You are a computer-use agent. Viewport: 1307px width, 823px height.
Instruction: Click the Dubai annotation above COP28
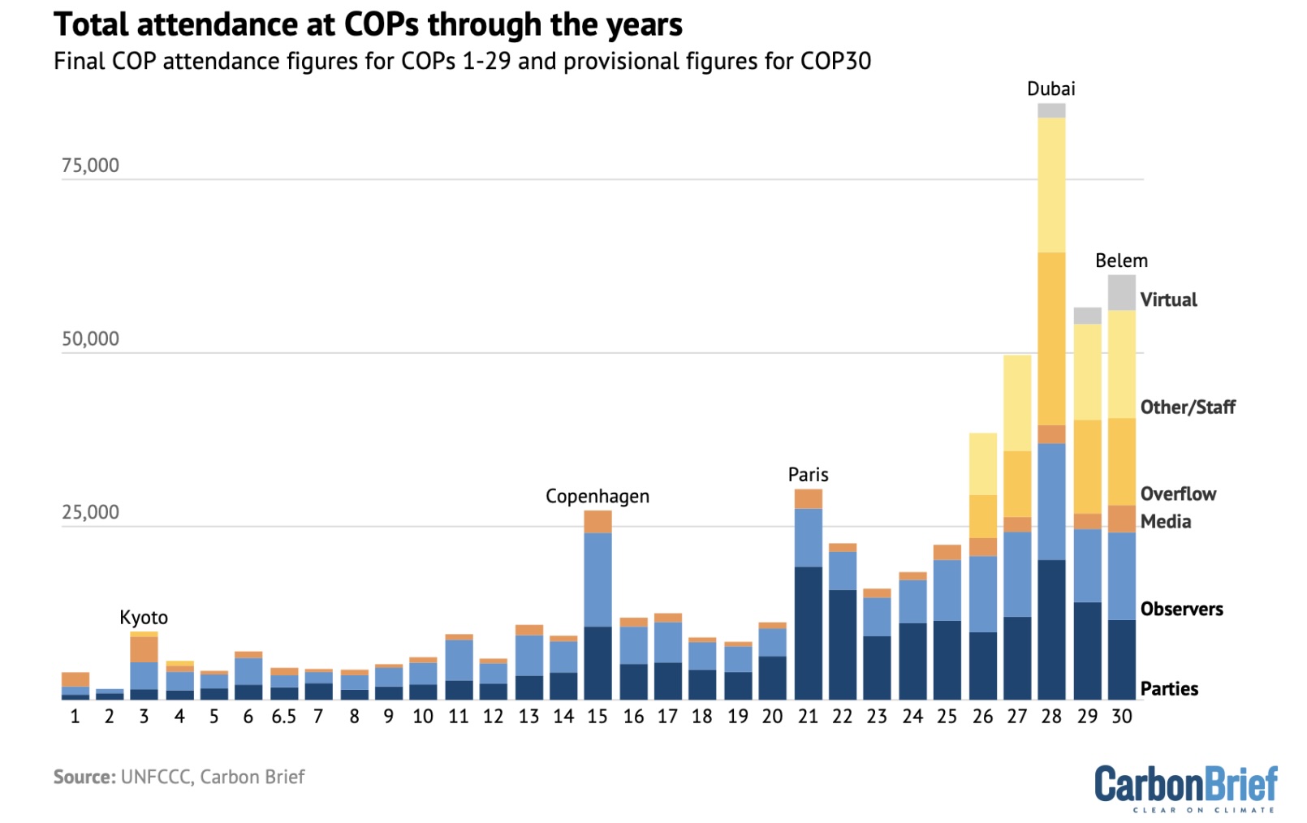pyautogui.click(x=1050, y=88)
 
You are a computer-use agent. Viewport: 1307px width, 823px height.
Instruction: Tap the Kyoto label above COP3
pyautogui.click(x=144, y=618)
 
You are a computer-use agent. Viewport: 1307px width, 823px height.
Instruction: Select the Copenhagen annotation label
pyautogui.click(x=597, y=496)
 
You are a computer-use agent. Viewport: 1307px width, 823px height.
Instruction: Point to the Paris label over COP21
pyautogui.click(x=808, y=475)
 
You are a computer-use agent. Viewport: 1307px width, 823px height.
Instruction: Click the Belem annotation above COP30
pyautogui.click(x=1121, y=261)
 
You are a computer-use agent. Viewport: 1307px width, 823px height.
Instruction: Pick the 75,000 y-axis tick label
pyautogui.click(x=90, y=166)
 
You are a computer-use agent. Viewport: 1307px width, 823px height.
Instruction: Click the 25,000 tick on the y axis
pyautogui.click(x=90, y=512)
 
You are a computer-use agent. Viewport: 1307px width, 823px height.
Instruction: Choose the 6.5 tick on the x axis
pyautogui.click(x=283, y=717)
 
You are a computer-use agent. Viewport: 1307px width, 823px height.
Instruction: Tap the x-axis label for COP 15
pyautogui.click(x=597, y=717)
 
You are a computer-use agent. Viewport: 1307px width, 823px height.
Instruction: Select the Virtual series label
pyautogui.click(x=1168, y=299)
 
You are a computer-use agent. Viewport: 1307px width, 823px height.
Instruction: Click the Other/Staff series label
pyautogui.click(x=1187, y=407)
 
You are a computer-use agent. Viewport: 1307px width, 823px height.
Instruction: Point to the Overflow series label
pyautogui.click(x=1178, y=493)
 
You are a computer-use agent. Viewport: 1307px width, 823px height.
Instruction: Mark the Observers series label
pyautogui.click(x=1181, y=609)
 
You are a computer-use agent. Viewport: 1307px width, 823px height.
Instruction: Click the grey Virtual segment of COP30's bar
pyautogui.click(x=1121, y=293)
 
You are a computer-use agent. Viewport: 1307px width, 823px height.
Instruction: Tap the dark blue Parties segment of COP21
pyautogui.click(x=808, y=633)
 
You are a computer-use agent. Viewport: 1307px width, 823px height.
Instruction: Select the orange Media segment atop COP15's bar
pyautogui.click(x=597, y=522)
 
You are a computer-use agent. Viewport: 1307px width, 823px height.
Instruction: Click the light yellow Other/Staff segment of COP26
pyautogui.click(x=982, y=463)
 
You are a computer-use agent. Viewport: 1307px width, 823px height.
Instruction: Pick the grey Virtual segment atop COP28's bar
pyautogui.click(x=1051, y=111)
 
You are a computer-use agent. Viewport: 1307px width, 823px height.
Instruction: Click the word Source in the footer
pyautogui.click(x=84, y=777)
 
